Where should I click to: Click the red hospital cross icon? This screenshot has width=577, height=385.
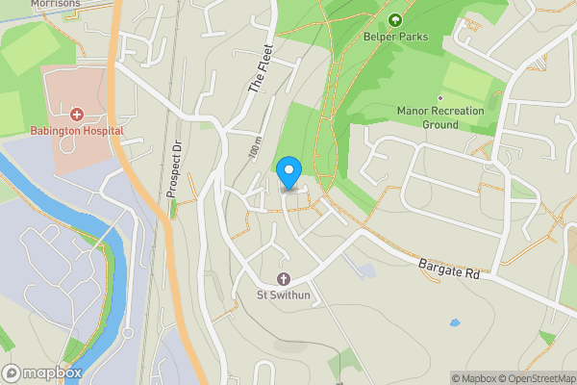tap(76, 115)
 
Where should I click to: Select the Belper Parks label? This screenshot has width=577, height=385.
tap(394, 36)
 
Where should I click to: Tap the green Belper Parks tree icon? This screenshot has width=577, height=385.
tap(394, 19)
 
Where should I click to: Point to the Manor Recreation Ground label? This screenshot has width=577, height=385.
tap(440, 117)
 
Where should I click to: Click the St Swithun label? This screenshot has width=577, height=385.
tap(282, 294)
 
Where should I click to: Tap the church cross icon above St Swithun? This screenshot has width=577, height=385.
tap(282, 277)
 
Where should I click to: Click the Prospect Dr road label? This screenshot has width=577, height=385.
tap(175, 170)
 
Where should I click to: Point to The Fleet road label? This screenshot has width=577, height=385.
tap(261, 69)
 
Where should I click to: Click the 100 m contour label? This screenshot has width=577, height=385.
tap(255, 150)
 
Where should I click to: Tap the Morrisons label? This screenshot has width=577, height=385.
tap(55, 4)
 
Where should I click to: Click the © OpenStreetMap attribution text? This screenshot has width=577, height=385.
tap(539, 378)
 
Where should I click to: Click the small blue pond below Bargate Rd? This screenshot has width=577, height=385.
tap(454, 322)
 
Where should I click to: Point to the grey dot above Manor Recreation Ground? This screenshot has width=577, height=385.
tap(440, 97)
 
